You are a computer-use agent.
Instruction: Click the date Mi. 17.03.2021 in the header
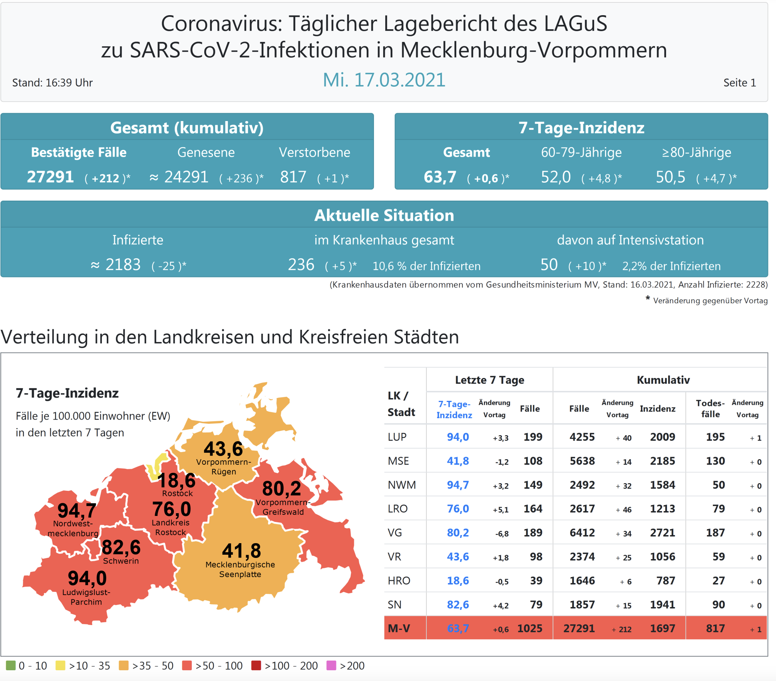point(384,80)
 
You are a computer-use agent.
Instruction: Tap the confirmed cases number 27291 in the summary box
point(50,177)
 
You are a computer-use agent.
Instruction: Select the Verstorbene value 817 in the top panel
point(293,177)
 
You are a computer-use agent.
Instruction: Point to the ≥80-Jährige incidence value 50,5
point(670,177)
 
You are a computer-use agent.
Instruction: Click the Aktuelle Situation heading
point(384,215)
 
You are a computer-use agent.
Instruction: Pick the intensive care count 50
point(549,265)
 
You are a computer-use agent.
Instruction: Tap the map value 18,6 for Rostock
point(176,480)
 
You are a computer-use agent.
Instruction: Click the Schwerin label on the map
point(121,561)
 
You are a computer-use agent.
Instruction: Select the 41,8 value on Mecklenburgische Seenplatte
point(241,551)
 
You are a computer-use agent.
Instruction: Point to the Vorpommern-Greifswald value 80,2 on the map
point(281,488)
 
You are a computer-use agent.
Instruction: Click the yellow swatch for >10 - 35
point(60,665)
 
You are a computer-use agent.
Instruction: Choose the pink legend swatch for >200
point(331,665)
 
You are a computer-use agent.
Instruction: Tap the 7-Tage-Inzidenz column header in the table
point(454,409)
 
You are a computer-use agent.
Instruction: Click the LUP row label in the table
point(397,437)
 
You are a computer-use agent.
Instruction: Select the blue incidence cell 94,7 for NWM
point(458,485)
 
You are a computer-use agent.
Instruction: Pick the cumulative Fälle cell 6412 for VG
point(582,533)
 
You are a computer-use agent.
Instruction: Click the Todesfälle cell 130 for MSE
point(715,461)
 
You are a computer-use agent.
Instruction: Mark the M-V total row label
point(399,628)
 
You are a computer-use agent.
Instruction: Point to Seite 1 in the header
point(739,83)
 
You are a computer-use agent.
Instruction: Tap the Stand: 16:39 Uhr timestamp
point(52,83)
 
